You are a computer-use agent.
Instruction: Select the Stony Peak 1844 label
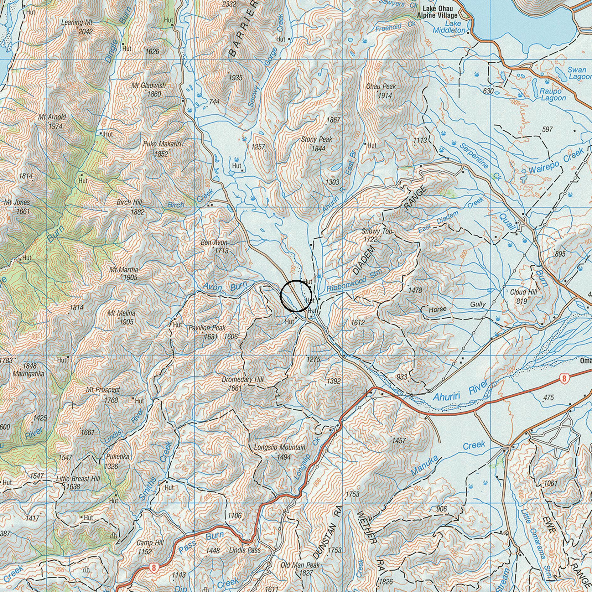(x=316, y=143)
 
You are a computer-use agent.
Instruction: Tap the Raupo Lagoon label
(x=553, y=94)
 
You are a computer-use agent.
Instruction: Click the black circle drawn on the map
(x=296, y=296)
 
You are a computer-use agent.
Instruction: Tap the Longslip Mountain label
(x=279, y=447)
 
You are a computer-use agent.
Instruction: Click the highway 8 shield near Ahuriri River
(x=564, y=378)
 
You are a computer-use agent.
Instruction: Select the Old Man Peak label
(x=300, y=565)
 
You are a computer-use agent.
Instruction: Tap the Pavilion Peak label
(x=207, y=328)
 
